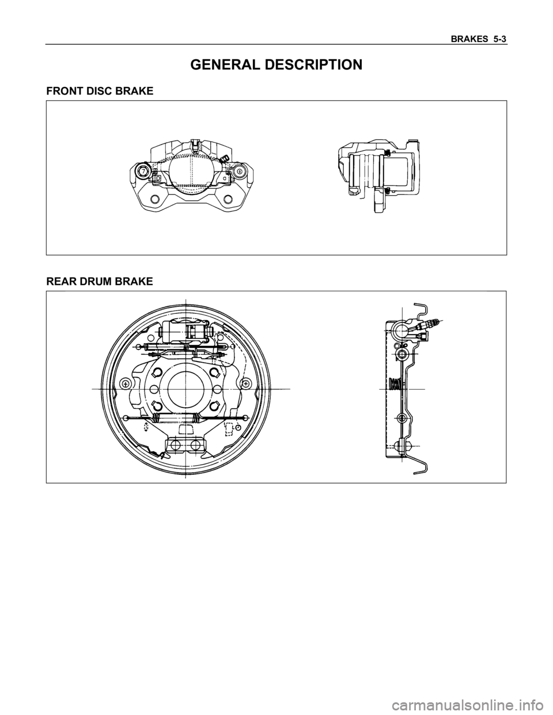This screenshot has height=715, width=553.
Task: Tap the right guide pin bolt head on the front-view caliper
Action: click(239, 172)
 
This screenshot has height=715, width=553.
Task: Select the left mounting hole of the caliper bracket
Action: click(154, 199)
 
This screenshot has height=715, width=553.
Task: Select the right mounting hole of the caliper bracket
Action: click(228, 199)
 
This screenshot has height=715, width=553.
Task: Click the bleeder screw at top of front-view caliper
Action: click(224, 158)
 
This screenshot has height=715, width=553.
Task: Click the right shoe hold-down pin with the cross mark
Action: click(246, 383)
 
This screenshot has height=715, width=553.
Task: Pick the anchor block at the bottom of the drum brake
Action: click(186, 444)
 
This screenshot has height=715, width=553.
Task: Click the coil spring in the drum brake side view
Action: click(395, 383)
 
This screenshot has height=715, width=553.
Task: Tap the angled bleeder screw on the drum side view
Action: click(433, 324)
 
